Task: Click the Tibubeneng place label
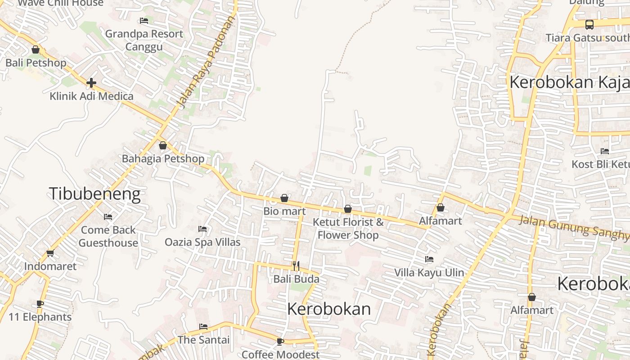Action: (x=94, y=194)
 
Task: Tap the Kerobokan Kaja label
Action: (x=569, y=82)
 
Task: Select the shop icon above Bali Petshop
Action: (x=36, y=49)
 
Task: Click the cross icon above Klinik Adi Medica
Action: (x=91, y=83)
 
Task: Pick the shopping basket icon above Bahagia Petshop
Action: (x=163, y=145)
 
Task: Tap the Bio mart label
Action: (x=284, y=211)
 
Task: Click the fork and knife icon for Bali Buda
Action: (x=296, y=266)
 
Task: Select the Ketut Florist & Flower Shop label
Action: (x=348, y=228)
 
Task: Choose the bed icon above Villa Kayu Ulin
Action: (x=429, y=259)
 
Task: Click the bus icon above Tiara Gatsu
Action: (x=589, y=25)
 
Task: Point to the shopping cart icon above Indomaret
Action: (x=50, y=253)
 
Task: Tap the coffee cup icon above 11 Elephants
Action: (x=40, y=304)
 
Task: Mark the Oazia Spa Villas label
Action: (x=202, y=242)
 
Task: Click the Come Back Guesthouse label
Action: (x=108, y=236)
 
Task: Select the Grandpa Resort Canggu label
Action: (x=144, y=40)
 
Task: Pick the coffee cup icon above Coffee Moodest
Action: (x=280, y=342)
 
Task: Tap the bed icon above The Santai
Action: (x=203, y=326)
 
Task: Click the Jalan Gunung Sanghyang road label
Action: (x=574, y=227)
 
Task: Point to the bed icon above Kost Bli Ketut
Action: (x=604, y=151)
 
